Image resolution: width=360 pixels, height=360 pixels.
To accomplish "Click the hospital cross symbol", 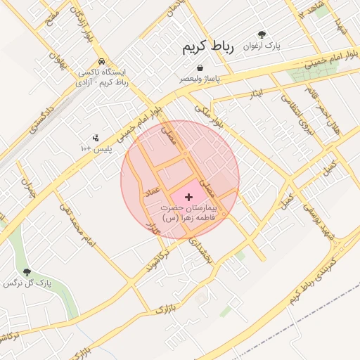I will (188, 197).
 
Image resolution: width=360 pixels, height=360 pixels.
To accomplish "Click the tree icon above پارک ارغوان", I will (262, 34).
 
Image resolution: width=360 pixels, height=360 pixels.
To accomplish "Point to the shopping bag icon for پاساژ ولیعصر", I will (201, 68).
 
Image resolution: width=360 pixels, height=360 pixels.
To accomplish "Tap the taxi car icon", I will (103, 61).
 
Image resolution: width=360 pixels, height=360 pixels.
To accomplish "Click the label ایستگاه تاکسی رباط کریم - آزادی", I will (103, 77).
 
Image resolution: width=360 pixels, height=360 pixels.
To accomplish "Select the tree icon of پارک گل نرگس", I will (27, 272).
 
